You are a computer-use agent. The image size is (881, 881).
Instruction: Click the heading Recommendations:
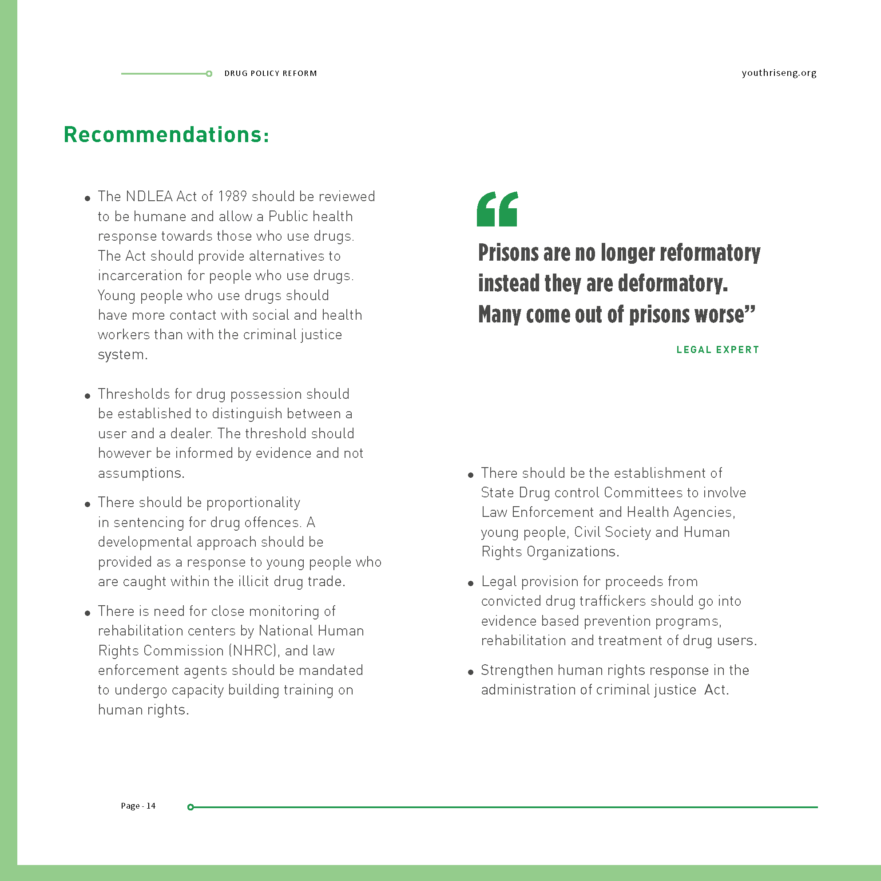(167, 135)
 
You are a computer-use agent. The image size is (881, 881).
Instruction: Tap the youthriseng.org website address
(779, 73)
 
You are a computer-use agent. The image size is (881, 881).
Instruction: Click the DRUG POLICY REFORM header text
(270, 73)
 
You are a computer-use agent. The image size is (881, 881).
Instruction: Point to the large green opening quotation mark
(497, 209)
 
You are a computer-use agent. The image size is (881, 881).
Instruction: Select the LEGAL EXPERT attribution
(718, 350)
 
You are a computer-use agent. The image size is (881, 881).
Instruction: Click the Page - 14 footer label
(138, 806)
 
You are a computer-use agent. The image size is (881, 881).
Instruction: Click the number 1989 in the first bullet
(233, 197)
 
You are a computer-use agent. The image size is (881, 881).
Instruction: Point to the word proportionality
(253, 503)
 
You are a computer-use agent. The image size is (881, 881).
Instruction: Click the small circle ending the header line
(209, 74)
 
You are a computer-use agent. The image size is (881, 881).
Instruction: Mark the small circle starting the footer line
(190, 807)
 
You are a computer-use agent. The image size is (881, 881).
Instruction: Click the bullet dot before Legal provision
(471, 583)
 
